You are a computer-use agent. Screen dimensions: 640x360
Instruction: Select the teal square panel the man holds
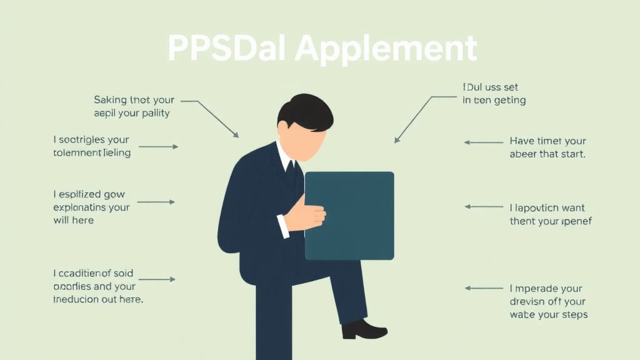[x=349, y=216]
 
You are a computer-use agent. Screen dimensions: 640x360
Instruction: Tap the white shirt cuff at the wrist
[x=283, y=226]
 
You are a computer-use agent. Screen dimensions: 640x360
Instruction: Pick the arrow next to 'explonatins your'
[x=156, y=202]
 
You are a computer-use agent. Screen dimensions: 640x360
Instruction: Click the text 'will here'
[x=74, y=220]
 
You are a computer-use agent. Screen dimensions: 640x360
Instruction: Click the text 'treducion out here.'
[x=98, y=299]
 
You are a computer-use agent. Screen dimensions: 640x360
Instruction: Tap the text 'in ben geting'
[x=494, y=100]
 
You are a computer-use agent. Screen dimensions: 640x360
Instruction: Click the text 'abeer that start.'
[x=547, y=154]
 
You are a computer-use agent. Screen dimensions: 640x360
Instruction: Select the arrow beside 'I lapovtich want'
[x=484, y=206]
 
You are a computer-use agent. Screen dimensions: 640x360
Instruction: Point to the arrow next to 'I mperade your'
[x=484, y=288]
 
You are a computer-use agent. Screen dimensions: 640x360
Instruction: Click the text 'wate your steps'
[x=549, y=314]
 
